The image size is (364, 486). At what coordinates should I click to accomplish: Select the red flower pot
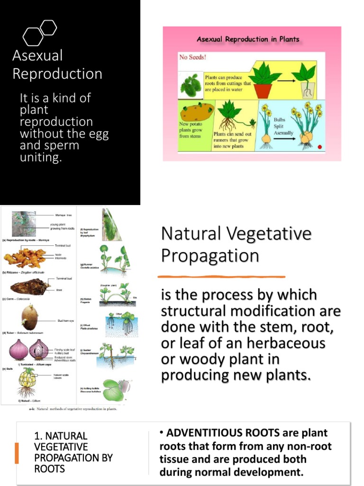[x=263, y=90]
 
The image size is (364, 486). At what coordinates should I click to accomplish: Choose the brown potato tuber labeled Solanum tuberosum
[x=29, y=317]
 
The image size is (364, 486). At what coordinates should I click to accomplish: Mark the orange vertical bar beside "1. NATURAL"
[x=17, y=453]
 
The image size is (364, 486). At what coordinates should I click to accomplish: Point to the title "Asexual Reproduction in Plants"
[x=248, y=39]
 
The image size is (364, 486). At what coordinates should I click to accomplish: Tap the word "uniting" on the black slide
[x=40, y=158]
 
